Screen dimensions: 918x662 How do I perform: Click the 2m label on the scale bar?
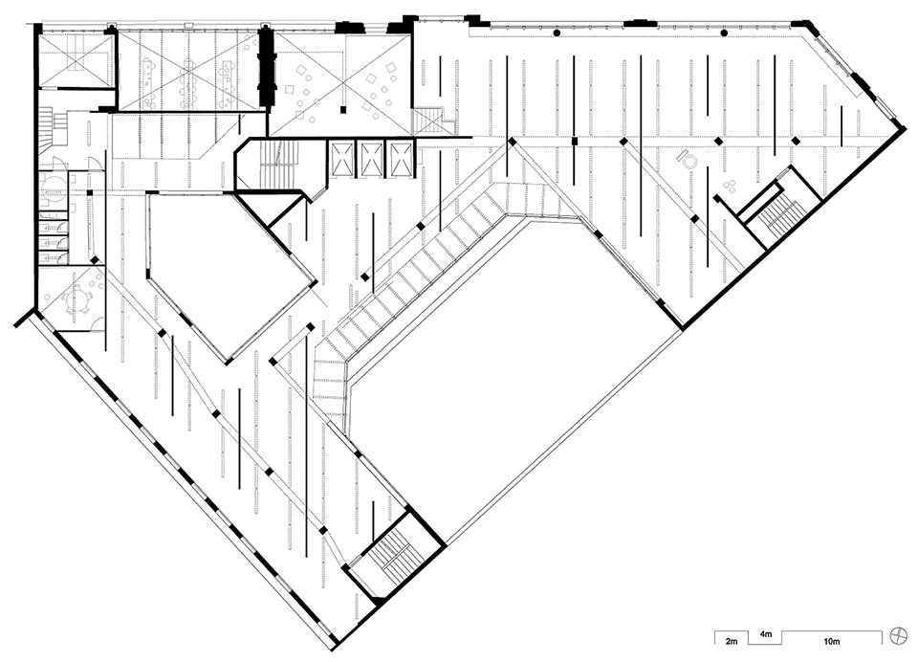(732, 642)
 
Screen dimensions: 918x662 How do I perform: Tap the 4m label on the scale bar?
(766, 634)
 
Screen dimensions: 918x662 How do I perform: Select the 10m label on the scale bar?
(831, 642)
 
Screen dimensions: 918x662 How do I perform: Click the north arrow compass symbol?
(897, 634)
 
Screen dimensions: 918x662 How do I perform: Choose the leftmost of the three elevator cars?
(342, 159)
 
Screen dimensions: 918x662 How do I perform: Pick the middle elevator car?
(371, 159)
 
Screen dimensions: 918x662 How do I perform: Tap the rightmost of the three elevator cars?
(401, 159)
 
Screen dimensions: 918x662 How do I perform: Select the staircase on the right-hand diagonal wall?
(777, 214)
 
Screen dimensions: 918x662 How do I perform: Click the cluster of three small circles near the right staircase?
(730, 187)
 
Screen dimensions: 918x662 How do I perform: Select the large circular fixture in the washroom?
(54, 182)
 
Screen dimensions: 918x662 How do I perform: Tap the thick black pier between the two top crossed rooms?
(267, 66)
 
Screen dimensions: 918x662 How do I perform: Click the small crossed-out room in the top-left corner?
(74, 59)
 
